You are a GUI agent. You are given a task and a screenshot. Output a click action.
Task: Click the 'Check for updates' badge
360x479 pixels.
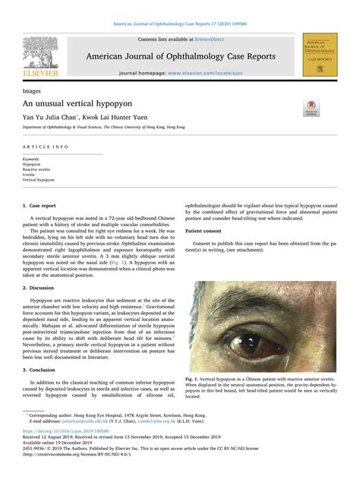311,108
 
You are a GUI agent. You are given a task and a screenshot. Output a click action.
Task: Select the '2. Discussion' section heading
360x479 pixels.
40,288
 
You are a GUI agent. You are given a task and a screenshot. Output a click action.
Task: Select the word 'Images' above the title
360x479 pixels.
32,90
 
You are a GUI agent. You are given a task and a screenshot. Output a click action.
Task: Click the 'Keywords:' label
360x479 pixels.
33,159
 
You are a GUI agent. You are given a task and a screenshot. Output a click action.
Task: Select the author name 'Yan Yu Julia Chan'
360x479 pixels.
51,118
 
